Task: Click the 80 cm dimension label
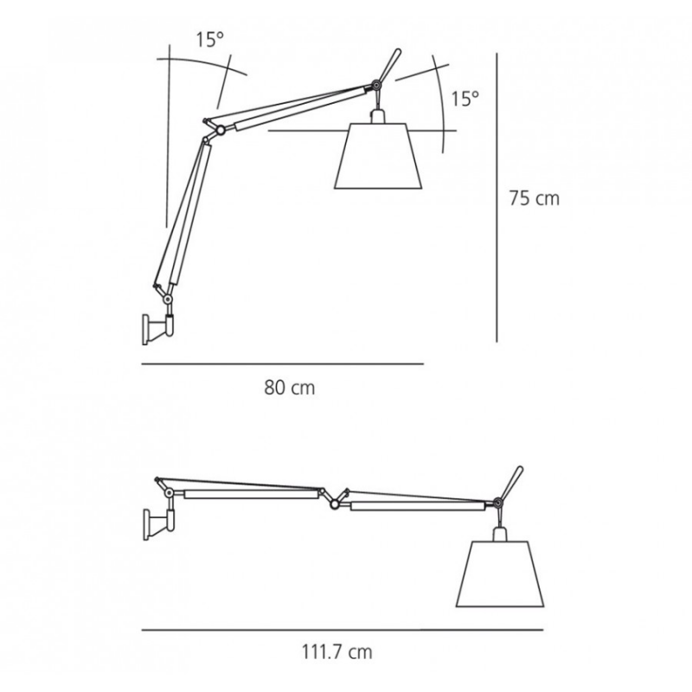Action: coord(289,388)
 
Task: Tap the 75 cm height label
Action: coord(534,198)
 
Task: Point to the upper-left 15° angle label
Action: coord(209,39)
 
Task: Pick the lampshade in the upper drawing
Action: coord(378,156)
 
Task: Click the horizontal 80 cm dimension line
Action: coord(282,364)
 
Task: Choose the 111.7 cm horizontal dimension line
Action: coord(343,630)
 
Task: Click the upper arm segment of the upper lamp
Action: coord(294,108)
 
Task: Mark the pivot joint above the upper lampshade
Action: coord(375,86)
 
